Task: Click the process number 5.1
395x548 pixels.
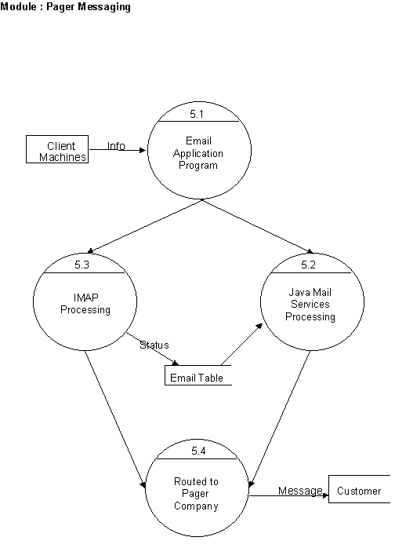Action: [197, 114]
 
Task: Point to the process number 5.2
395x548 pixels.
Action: [309, 265]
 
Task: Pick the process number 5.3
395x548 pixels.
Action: [82, 265]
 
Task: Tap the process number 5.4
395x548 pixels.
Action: [198, 451]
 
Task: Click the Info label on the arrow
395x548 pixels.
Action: [116, 146]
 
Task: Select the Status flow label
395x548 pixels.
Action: [154, 345]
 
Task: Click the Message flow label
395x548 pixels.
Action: [300, 491]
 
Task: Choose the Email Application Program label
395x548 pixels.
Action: [198, 153]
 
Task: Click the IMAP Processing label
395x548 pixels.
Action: [85, 304]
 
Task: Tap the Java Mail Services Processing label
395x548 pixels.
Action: [310, 305]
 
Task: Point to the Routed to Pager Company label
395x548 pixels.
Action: [196, 494]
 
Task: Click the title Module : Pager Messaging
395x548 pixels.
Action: [65, 6]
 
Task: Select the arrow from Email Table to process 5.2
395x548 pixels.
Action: [241, 344]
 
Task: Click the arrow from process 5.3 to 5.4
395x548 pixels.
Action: [115, 419]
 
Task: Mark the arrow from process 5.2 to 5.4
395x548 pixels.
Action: [280, 419]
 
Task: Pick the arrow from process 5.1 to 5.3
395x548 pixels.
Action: [144, 226]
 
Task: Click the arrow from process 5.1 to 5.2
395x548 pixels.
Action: [258, 226]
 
